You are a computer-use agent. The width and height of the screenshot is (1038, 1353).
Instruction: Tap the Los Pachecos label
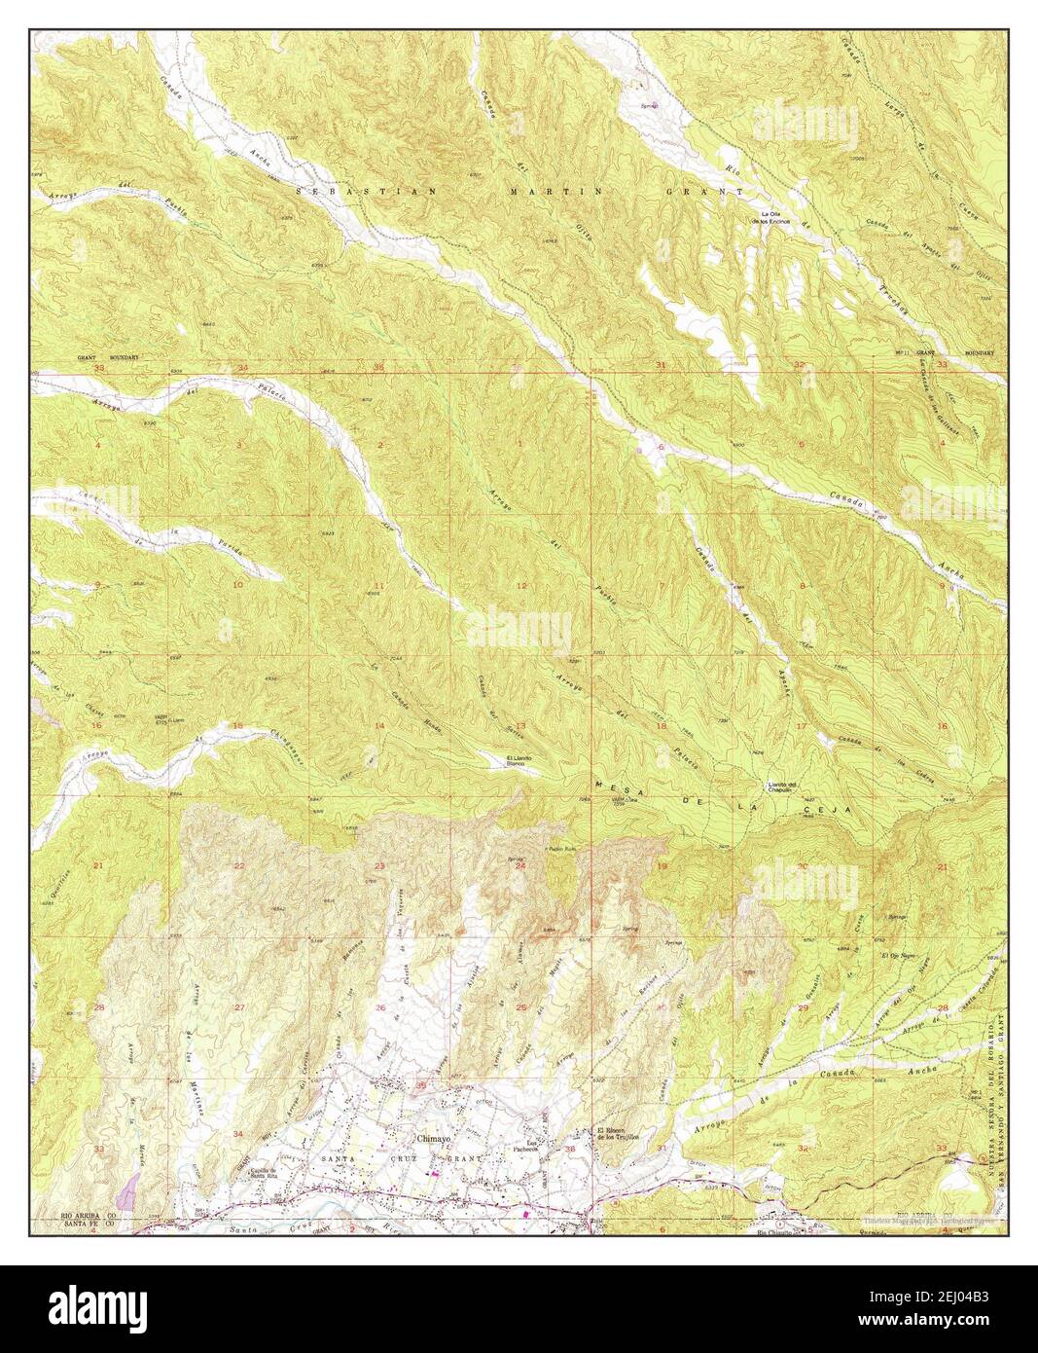pyautogui.click(x=532, y=1146)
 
